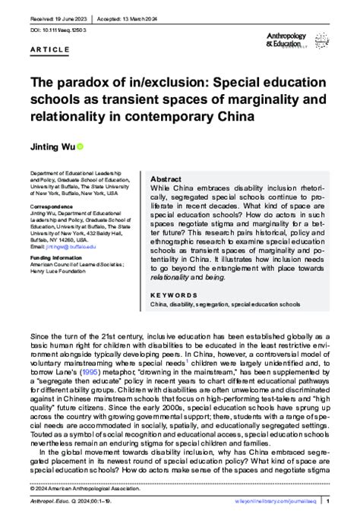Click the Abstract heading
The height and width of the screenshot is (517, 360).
(x=168, y=179)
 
